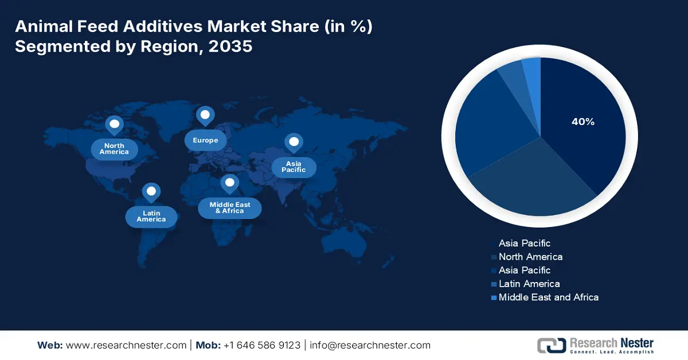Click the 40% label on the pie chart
click(583, 122)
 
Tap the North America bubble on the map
click(114, 149)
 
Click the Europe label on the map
click(205, 140)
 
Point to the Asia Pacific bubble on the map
click(294, 167)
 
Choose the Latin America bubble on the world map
click(151, 216)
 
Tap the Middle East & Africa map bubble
click(229, 208)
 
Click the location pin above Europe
click(205, 115)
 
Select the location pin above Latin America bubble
click(151, 192)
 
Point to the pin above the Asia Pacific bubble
click(294, 142)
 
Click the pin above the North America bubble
click(114, 124)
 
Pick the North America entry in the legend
click(530, 257)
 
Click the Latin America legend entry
click(529, 284)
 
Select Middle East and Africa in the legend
click(548, 297)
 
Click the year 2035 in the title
click(230, 46)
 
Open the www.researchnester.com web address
click(126, 345)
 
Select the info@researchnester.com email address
click(370, 345)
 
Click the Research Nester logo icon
click(551, 345)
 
